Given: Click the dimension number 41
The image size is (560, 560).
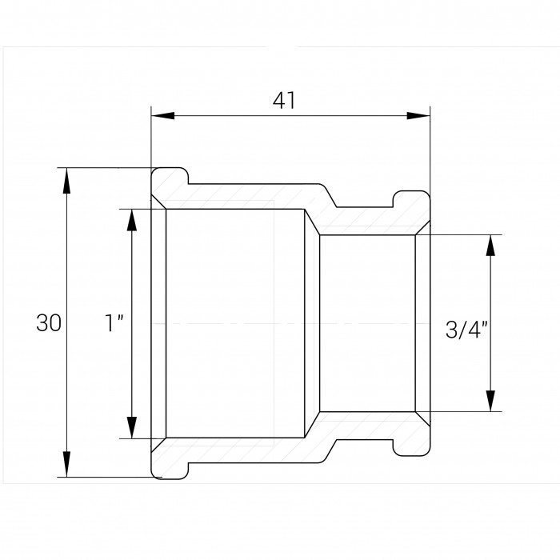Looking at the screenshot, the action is pyautogui.click(x=284, y=101).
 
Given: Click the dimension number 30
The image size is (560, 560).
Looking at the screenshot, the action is pyautogui.click(x=49, y=323).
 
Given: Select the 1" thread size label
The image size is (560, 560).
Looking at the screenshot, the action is pyautogui.click(x=114, y=322).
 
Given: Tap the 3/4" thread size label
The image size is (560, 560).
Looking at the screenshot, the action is pyautogui.click(x=466, y=329).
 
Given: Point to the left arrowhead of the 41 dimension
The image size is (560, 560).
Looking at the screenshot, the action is pyautogui.click(x=163, y=116).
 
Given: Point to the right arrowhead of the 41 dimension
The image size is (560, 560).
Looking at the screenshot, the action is pyautogui.click(x=418, y=116).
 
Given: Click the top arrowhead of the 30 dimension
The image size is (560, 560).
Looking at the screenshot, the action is pyautogui.click(x=66, y=180).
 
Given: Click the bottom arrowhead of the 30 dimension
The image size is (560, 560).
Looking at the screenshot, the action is pyautogui.click(x=66, y=464).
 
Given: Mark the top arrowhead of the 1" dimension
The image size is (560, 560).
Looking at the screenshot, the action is pyautogui.click(x=132, y=222).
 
